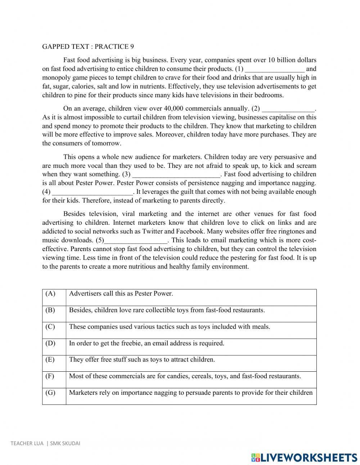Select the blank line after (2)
pyautogui.click(x=288, y=109)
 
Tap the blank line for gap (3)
pyautogui.click(x=176, y=175)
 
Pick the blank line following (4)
pyautogui.click(x=93, y=192)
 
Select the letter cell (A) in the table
pyautogui.click(x=50, y=294)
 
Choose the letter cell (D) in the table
pyautogui.click(x=50, y=343)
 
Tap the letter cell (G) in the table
pyautogui.click(x=50, y=393)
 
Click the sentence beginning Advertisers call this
pyautogui.click(x=121, y=294)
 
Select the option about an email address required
pyautogui.click(x=147, y=343)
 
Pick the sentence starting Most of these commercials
pyautogui.click(x=185, y=376)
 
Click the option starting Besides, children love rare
pyautogui.click(x=167, y=310)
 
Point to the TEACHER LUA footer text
pyautogui.click(x=45, y=443)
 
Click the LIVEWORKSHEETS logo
pyautogui.click(x=304, y=457)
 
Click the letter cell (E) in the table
pyautogui.click(x=50, y=359)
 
